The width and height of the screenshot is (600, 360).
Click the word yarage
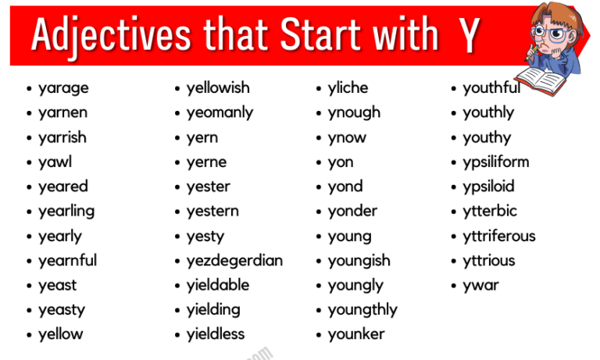click(x=63, y=88)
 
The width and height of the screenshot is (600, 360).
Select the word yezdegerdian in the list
click(x=234, y=261)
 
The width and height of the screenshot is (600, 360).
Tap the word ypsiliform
click(x=495, y=162)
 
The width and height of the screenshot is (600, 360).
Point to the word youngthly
click(x=362, y=310)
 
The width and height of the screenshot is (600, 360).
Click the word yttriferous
click(x=499, y=236)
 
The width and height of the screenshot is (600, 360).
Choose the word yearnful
click(x=67, y=261)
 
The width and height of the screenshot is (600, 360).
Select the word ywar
click(x=480, y=285)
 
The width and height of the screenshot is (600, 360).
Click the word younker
click(x=356, y=334)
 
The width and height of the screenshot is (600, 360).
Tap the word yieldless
click(x=216, y=334)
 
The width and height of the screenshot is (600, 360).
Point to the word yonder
click(x=352, y=212)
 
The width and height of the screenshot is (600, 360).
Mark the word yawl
click(x=55, y=162)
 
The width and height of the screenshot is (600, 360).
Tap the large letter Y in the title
click(x=470, y=36)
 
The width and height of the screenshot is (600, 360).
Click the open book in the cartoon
click(x=538, y=77)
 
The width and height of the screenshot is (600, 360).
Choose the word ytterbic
click(x=490, y=212)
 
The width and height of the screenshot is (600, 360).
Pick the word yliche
click(x=348, y=88)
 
